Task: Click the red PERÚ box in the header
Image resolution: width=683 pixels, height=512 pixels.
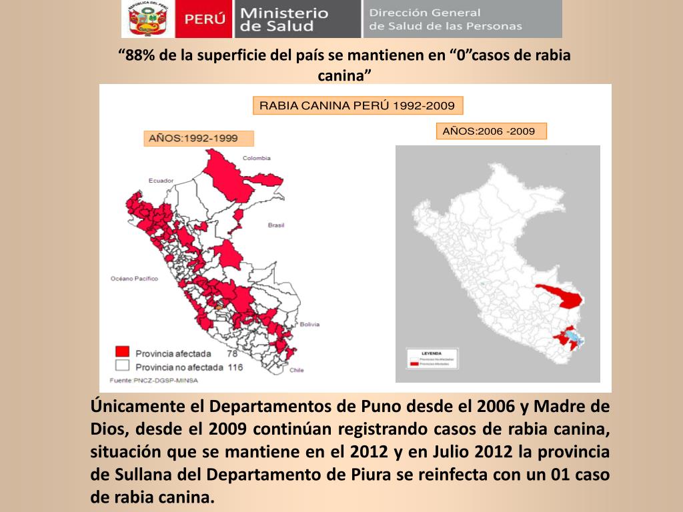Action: click(x=205, y=19)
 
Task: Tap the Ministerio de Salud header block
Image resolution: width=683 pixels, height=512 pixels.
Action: click(x=296, y=19)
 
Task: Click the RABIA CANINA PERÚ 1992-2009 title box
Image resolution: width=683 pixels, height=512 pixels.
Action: click(x=357, y=105)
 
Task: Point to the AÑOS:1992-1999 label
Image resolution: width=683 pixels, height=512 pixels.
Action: click(x=199, y=138)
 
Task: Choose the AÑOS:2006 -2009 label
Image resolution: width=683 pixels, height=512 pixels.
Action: click(x=490, y=131)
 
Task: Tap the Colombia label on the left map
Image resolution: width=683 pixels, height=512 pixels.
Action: click(x=256, y=158)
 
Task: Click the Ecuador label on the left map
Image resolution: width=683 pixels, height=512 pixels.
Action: click(x=161, y=181)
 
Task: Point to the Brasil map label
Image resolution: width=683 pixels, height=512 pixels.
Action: click(x=276, y=225)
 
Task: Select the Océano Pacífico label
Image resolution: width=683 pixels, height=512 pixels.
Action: click(x=133, y=279)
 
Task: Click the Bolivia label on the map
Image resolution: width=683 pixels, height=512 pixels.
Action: click(x=309, y=325)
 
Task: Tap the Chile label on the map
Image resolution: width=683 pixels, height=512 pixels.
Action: click(x=296, y=370)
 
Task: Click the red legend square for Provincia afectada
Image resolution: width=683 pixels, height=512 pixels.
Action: click(x=121, y=351)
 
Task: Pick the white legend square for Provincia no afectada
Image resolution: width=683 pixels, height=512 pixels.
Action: click(x=121, y=365)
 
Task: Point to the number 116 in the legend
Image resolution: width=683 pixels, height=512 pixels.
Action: click(x=234, y=367)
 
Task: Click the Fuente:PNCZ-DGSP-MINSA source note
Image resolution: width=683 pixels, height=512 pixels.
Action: click(x=153, y=380)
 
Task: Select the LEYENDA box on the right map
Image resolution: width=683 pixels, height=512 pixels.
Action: click(x=431, y=359)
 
